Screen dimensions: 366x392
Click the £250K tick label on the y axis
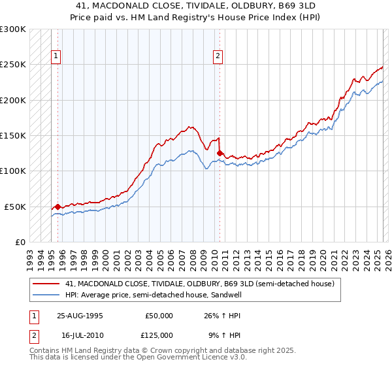[x=12, y=65]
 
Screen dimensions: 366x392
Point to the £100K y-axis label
[x=12, y=171]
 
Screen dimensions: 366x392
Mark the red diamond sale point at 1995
[x=57, y=207]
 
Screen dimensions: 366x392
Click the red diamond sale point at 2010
[x=220, y=154]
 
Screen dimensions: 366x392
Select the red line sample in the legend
[x=47, y=284]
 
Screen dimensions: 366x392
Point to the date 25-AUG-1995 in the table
[x=80, y=315]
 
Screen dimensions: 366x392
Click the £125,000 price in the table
[x=159, y=335]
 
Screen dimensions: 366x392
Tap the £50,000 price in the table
[x=159, y=315]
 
